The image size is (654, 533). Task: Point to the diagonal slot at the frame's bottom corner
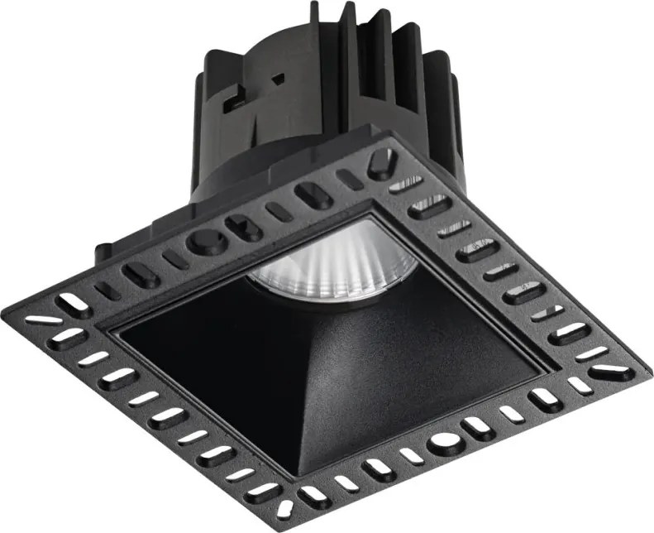point(286,507)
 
